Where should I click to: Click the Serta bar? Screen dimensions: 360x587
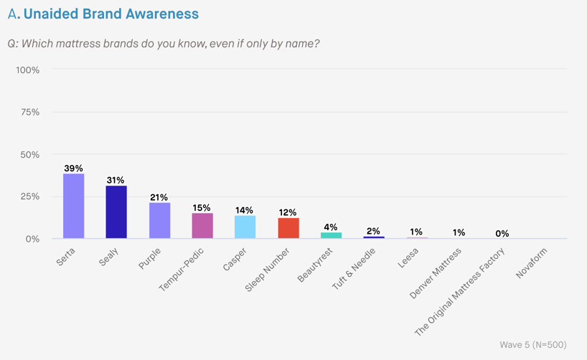point(73,206)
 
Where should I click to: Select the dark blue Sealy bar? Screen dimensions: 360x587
point(116,212)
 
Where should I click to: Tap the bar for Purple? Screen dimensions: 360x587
point(159,221)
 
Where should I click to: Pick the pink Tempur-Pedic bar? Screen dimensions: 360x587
point(202,226)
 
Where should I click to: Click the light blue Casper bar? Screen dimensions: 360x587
point(245,227)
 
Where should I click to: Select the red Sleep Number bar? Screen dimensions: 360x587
point(288,228)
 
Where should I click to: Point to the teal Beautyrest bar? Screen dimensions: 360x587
point(331,235)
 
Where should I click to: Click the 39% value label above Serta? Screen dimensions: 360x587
point(73,169)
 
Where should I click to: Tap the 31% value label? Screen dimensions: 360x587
point(116,181)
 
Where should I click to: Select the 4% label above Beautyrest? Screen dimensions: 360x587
point(331,227)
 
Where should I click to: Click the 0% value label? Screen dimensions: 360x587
point(502,234)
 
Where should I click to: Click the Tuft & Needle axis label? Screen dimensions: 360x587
point(352,268)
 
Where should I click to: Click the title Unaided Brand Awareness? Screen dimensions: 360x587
point(111,14)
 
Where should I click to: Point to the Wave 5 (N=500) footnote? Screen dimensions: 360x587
point(532,345)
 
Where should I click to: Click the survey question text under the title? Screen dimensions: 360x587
point(164,43)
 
